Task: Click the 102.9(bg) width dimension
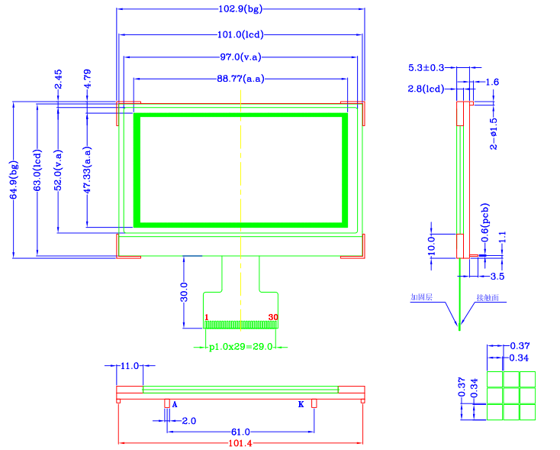(240, 9)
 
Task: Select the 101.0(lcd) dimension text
(240, 34)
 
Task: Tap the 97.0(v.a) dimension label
(241, 57)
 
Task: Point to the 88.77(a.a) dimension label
(241, 79)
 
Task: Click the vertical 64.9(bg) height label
(14, 180)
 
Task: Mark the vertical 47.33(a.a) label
(88, 170)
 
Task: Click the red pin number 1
(206, 316)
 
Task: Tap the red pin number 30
(272, 316)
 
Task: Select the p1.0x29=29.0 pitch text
(241, 347)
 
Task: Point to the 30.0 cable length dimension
(184, 293)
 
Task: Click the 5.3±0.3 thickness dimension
(427, 69)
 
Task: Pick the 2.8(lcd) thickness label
(426, 89)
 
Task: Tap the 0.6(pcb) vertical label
(484, 222)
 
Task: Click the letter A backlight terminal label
(175, 403)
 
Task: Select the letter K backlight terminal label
(301, 403)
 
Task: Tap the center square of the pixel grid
(510, 396)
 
